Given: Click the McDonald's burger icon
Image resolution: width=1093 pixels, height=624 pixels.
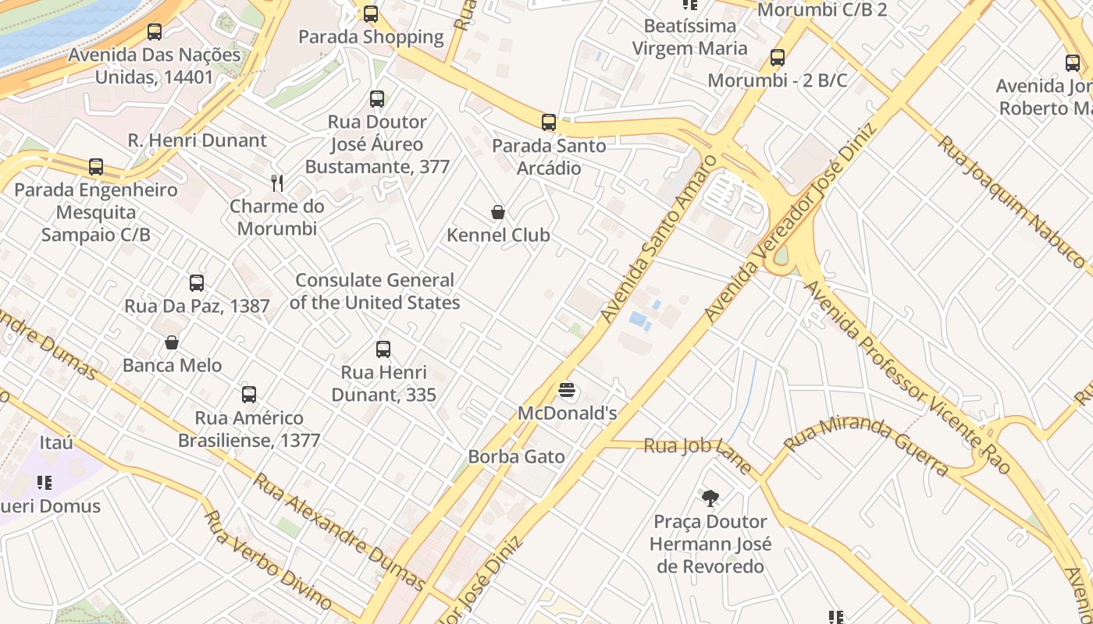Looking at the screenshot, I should (x=567, y=390).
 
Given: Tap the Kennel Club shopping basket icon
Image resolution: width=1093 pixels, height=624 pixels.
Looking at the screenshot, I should (x=497, y=212).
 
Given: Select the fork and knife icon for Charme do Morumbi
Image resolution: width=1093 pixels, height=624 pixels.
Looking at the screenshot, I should (x=276, y=183).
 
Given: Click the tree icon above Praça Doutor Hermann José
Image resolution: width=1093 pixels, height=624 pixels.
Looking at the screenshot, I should (x=710, y=498).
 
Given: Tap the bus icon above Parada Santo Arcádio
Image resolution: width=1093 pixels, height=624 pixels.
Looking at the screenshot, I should (x=549, y=122).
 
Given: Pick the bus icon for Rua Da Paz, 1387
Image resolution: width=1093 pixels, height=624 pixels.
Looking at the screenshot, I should (x=197, y=283).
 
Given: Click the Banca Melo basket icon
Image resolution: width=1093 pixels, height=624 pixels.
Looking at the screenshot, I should (x=172, y=342).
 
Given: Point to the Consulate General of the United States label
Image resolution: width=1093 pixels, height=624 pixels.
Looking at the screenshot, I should (x=375, y=291).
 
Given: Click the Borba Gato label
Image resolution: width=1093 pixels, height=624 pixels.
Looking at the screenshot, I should (x=516, y=457).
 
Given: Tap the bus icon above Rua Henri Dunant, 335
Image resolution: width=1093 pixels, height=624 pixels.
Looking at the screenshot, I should (x=383, y=349).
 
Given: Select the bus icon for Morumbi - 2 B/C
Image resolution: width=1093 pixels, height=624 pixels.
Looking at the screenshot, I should (x=777, y=58).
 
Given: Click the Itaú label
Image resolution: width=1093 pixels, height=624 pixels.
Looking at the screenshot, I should (x=56, y=442).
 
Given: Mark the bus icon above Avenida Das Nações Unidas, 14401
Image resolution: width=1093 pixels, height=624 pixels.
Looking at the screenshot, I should (x=155, y=32).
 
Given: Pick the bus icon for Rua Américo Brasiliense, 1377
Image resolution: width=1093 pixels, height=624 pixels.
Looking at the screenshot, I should (x=249, y=395).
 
